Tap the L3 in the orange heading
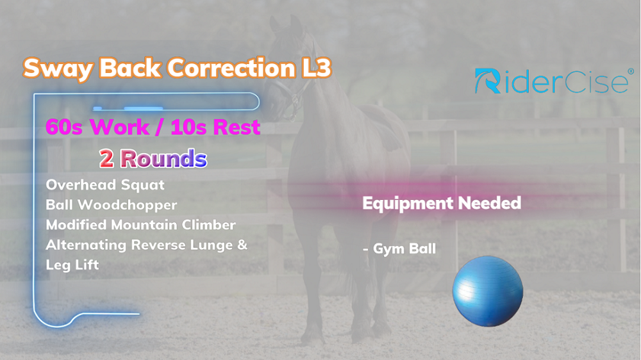(316, 67)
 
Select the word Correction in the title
(231, 67)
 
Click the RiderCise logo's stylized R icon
(488, 81)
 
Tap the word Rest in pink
(237, 127)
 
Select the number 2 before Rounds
(106, 159)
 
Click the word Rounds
(163, 159)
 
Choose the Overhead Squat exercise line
(105, 185)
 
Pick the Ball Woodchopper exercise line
(111, 205)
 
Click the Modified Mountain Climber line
(140, 225)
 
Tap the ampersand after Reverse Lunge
(242, 245)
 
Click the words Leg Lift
(72, 265)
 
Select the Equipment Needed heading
(442, 204)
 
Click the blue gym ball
(488, 291)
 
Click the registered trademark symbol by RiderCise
(631, 72)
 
